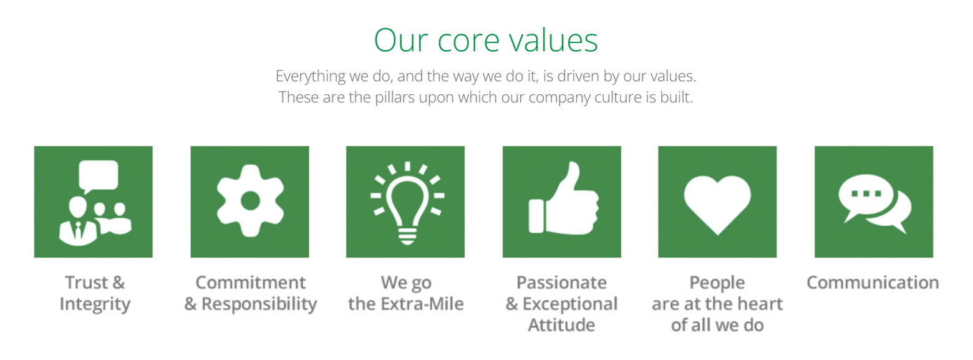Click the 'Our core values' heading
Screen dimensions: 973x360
(x=486, y=41)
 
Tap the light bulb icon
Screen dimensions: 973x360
(x=407, y=203)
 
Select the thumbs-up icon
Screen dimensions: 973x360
(x=563, y=198)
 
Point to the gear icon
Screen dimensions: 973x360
(x=250, y=201)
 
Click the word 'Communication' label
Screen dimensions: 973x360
(x=873, y=283)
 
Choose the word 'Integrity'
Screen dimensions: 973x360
(x=95, y=304)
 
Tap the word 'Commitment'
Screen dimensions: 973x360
(x=251, y=283)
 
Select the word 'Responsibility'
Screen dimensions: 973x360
(x=259, y=304)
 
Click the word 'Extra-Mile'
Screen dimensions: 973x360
(x=422, y=304)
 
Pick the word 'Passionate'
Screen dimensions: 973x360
(x=561, y=283)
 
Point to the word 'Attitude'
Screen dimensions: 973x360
(x=561, y=325)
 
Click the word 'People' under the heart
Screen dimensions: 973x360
(x=717, y=283)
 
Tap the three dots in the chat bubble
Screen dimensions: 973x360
(x=866, y=193)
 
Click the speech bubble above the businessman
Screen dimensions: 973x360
(x=99, y=177)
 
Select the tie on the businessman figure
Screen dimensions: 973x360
(x=78, y=231)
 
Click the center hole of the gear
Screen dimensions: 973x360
(x=250, y=201)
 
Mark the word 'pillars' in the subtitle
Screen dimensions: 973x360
(x=395, y=97)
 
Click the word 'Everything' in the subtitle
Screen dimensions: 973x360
(x=311, y=76)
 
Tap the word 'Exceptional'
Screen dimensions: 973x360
(x=570, y=304)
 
